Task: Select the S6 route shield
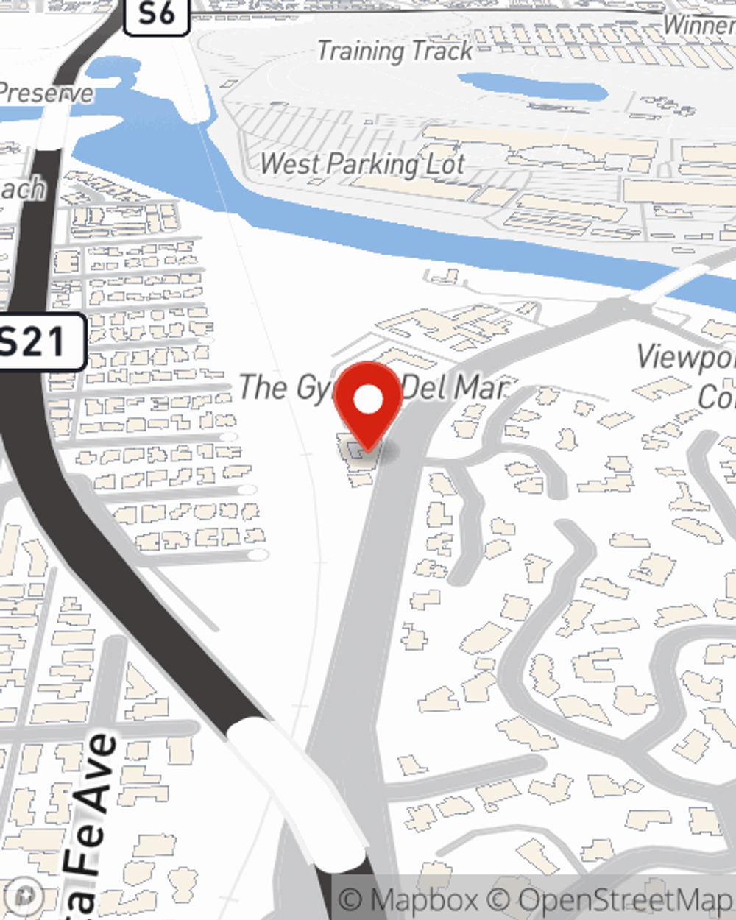155,14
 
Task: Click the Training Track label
394,52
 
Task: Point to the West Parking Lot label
362,164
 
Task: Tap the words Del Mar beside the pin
455,388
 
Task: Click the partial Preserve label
46,93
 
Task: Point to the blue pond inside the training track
534,88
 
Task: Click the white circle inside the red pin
369,400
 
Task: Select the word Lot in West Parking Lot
445,164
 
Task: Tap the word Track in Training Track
442,52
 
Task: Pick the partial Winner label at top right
698,25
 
